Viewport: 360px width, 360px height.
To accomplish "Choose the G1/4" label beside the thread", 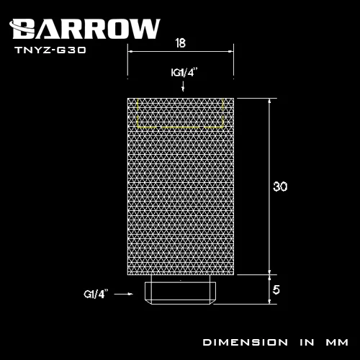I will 95,293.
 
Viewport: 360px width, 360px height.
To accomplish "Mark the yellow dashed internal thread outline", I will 180,112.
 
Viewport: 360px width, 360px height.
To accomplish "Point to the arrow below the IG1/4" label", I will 184,86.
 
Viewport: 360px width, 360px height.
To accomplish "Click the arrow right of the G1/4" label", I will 126,293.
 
